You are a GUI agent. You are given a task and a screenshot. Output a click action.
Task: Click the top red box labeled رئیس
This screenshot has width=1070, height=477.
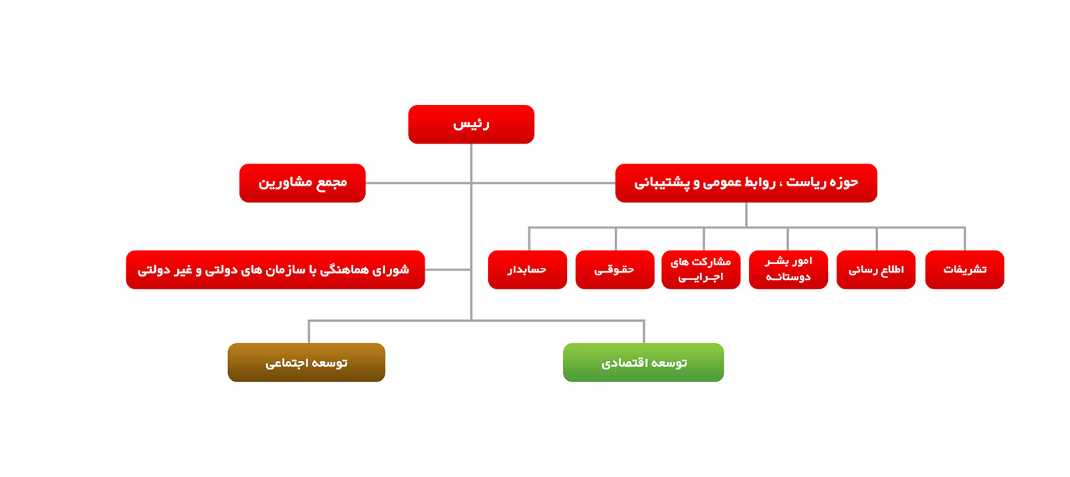click(471, 124)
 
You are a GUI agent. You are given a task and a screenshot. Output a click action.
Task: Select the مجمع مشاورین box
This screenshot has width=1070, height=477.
click(302, 182)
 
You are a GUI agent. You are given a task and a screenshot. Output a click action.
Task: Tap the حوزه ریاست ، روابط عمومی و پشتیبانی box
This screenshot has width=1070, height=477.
click(746, 182)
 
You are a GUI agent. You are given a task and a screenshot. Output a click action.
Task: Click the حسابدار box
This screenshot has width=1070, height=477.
click(528, 269)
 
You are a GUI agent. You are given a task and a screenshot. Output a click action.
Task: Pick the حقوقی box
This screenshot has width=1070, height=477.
click(615, 269)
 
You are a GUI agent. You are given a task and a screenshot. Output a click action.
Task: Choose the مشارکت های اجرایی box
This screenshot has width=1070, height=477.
click(701, 269)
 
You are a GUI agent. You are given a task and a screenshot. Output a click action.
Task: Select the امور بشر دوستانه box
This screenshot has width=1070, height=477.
click(788, 269)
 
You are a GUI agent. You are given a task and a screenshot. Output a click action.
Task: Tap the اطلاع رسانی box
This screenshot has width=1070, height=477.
click(876, 269)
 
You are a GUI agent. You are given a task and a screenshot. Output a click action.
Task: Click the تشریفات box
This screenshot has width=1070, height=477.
click(964, 269)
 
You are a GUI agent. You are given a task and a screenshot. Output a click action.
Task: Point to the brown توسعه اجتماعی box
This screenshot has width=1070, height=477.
click(306, 362)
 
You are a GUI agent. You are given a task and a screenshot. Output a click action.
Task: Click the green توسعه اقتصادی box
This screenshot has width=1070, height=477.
click(643, 362)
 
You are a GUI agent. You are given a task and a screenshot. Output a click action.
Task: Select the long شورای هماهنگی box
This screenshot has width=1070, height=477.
click(275, 269)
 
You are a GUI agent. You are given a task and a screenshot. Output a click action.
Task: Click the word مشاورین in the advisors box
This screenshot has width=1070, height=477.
click(279, 182)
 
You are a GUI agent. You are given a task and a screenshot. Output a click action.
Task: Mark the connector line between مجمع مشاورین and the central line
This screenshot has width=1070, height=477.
click(419, 183)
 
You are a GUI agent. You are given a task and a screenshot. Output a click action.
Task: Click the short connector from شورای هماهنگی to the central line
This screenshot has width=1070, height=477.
click(448, 269)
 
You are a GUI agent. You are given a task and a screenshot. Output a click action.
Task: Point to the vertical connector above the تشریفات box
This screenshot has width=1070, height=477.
click(965, 238)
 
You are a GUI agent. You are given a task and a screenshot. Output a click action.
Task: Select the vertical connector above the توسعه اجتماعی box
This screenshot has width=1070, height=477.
click(308, 331)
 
